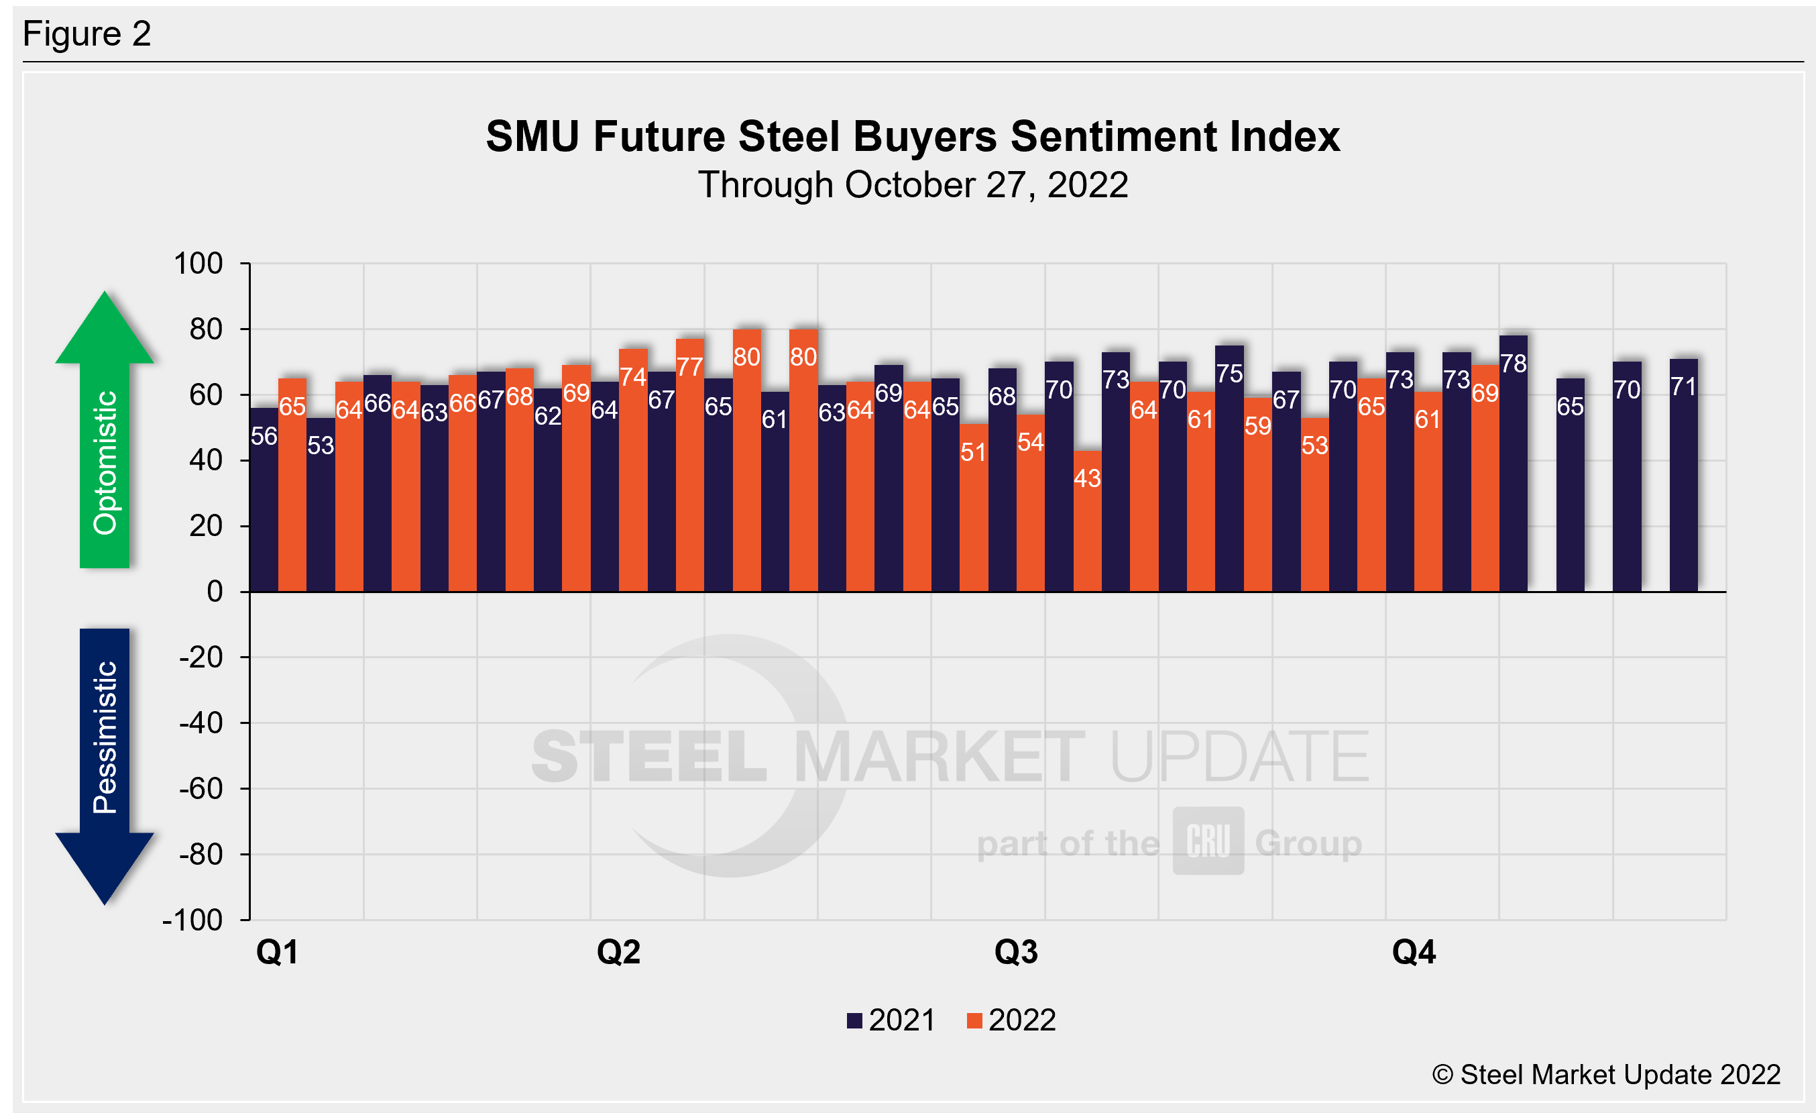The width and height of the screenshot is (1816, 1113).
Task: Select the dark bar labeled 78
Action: point(1513,464)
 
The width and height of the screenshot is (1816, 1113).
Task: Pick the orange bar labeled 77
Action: point(690,465)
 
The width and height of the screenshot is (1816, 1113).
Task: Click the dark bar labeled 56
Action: point(264,500)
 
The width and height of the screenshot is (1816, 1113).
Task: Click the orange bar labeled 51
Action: point(974,508)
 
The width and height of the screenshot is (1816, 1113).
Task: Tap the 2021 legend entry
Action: point(892,1021)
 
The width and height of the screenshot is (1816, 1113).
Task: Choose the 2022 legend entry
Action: point(1011,1021)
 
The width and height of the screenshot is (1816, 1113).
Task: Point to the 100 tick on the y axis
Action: point(198,264)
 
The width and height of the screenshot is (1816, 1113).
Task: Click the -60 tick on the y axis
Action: point(201,789)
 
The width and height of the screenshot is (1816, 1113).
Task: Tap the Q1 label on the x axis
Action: point(277,952)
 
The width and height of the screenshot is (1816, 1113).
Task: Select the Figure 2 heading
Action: point(87,34)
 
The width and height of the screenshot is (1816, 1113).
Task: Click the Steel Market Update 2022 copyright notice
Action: point(1607,1075)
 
